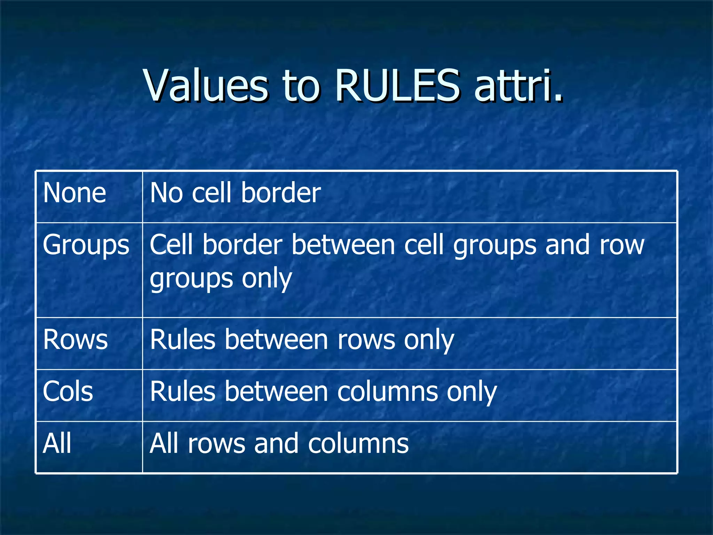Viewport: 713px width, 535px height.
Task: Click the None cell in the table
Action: click(75, 193)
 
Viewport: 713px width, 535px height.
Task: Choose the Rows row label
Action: click(75, 340)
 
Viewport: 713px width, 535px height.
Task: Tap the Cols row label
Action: click(68, 392)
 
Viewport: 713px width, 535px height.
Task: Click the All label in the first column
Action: click(57, 444)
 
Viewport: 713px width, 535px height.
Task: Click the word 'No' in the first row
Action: click(166, 193)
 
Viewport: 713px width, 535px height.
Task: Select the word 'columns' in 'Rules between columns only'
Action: click(387, 392)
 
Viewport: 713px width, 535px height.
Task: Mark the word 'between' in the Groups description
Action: click(343, 245)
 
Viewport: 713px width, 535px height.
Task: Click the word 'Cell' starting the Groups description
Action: click(171, 245)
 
